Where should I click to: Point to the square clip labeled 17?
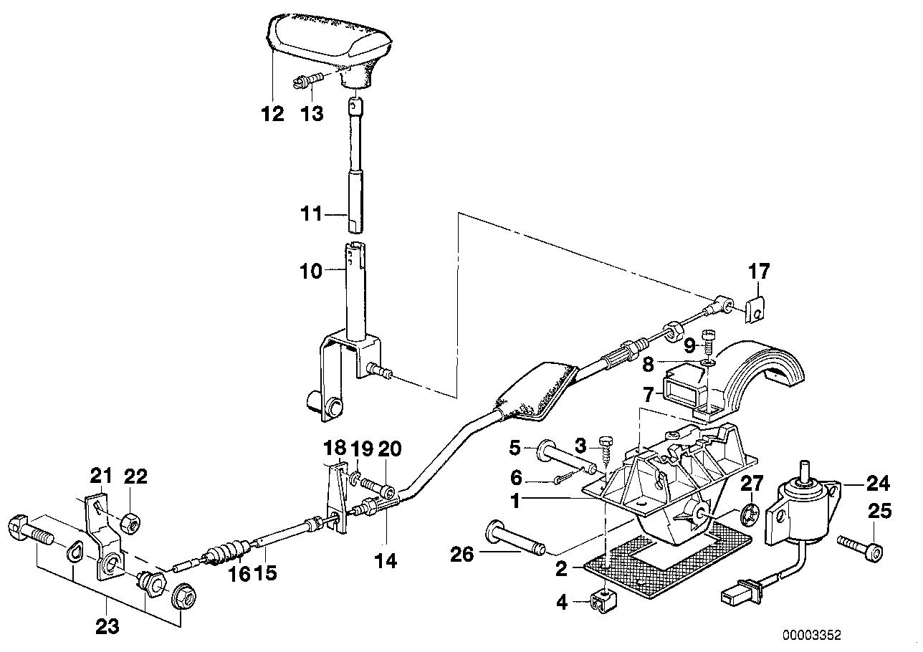pos(752,310)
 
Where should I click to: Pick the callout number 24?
pos(877,484)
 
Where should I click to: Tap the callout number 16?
pos(239,574)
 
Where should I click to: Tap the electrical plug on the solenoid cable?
pos(739,595)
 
